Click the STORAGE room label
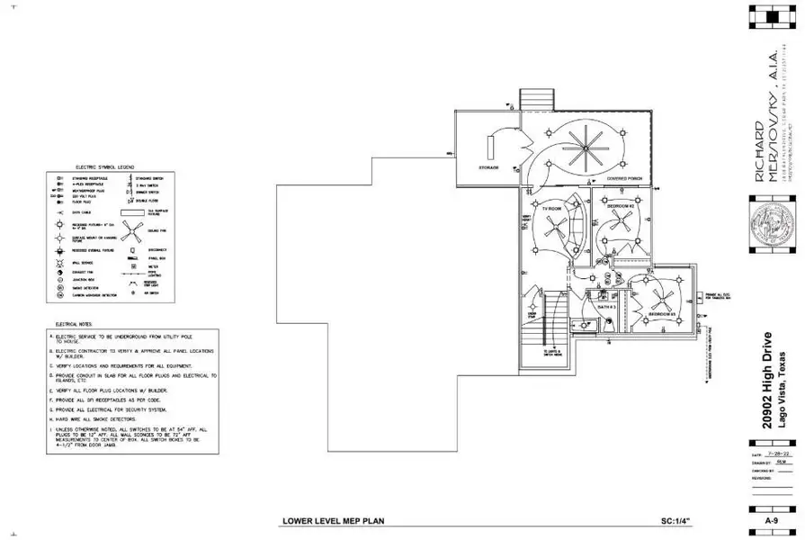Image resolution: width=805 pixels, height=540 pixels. click(488, 167)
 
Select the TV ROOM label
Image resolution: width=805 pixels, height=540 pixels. click(551, 208)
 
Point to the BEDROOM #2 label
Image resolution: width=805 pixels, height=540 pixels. click(621, 206)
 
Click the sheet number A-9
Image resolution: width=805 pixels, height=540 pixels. click(771, 520)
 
